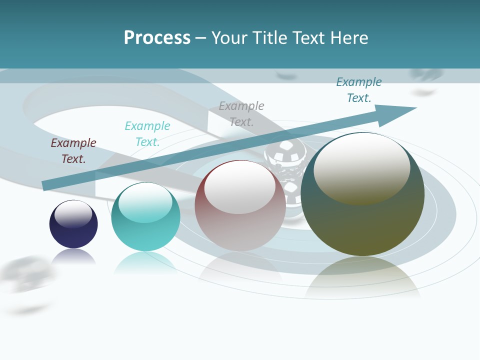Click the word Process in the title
[157, 37]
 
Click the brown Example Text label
[73, 150]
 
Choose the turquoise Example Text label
[147, 133]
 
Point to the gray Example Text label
[241, 113]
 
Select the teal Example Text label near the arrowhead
[359, 90]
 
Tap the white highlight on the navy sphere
[73, 213]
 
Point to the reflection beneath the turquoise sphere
[145, 262]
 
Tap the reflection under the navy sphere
[73, 256]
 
